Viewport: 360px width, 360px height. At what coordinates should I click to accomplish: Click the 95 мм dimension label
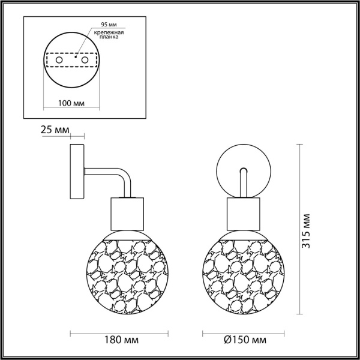click(x=100, y=25)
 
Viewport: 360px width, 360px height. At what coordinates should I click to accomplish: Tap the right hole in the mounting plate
click(x=85, y=61)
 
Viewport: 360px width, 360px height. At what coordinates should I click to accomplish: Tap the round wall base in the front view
click(x=231, y=162)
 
